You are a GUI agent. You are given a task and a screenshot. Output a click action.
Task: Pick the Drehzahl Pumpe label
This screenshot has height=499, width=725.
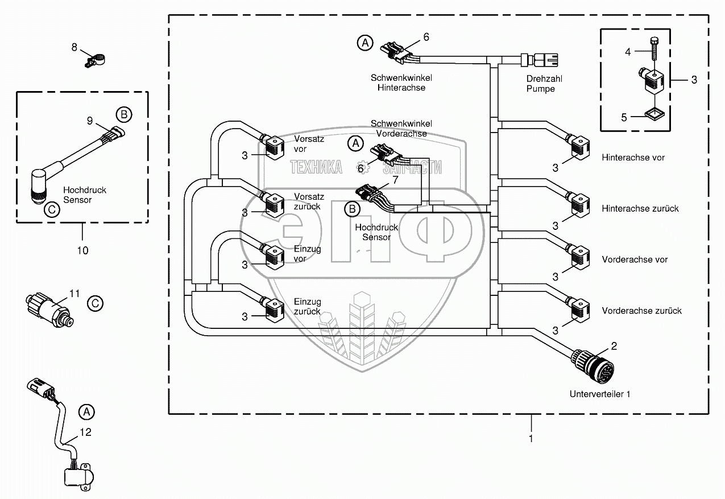click(x=540, y=84)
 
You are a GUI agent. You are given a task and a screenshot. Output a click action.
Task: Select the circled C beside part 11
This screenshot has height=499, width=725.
click(x=96, y=303)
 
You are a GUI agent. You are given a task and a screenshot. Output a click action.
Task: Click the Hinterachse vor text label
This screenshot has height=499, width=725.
click(x=633, y=158)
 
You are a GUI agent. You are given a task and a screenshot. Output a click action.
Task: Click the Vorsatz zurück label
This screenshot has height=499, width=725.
click(x=309, y=201)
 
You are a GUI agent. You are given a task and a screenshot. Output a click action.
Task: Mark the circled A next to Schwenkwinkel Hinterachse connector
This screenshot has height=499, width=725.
click(x=365, y=42)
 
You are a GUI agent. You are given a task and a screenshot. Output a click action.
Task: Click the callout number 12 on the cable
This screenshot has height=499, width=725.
click(x=85, y=432)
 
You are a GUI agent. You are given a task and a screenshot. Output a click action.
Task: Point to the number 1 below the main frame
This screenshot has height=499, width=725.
click(x=531, y=439)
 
